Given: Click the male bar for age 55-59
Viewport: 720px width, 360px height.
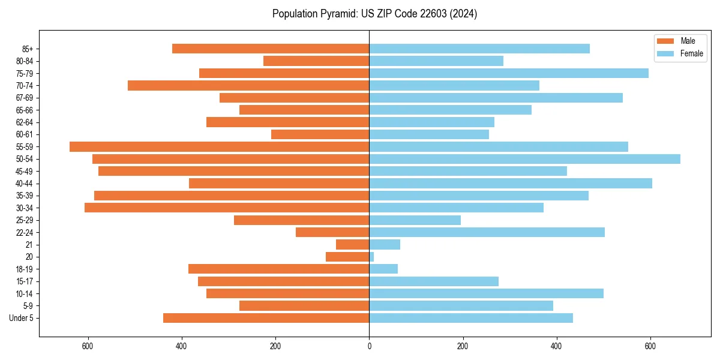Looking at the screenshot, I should (x=219, y=146).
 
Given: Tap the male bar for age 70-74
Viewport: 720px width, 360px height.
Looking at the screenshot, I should (x=248, y=85).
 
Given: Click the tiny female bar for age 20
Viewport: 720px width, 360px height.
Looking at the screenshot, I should (x=371, y=257).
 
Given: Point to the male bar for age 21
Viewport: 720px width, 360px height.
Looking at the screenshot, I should (x=353, y=244).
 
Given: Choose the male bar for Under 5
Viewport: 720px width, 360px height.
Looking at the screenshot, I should (x=266, y=318).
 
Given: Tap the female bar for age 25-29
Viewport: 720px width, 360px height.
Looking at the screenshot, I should (x=415, y=220).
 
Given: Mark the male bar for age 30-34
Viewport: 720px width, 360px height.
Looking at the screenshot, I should (x=227, y=208).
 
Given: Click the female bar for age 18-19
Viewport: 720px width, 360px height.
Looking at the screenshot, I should (x=383, y=269).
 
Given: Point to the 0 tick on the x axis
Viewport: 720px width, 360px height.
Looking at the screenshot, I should (x=369, y=347).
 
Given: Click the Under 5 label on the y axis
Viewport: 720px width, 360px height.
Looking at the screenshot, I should (x=21, y=318).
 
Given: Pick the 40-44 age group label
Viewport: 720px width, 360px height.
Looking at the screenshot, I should (x=24, y=184).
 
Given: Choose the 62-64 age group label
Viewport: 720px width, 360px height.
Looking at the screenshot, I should (x=24, y=122).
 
